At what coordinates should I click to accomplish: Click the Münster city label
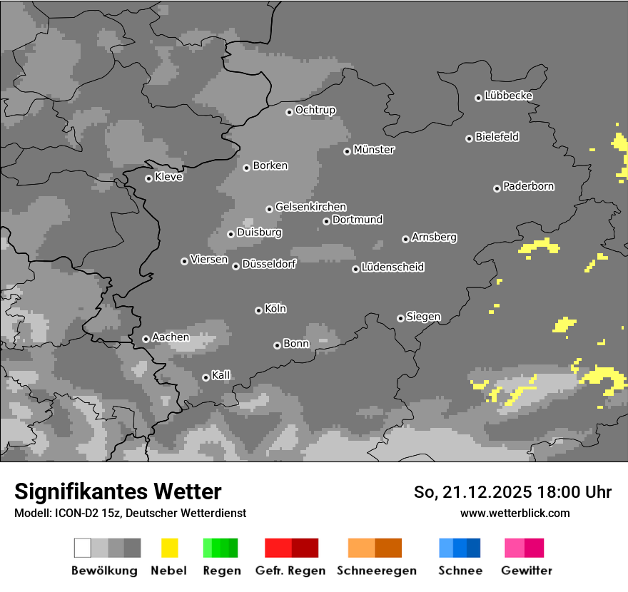374,150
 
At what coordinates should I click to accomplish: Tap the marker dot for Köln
258,310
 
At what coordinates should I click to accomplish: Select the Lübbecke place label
508,96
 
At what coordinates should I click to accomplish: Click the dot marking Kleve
148,178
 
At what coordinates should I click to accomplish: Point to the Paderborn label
528,186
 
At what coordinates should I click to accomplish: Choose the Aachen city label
171,337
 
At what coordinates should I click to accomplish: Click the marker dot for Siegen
400,318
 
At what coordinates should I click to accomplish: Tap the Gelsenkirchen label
310,207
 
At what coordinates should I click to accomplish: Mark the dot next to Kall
206,377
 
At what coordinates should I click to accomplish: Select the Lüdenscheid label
392,267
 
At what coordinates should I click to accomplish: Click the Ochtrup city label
315,110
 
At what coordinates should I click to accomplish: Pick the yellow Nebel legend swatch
169,548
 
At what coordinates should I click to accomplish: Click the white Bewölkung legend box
82,548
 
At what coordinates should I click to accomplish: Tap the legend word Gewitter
526,571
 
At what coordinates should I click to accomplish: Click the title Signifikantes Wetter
118,491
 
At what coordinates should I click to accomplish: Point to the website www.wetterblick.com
515,513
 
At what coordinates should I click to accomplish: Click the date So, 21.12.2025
471,492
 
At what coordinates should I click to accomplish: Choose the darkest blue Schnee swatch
474,548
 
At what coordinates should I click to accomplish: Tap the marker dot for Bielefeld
469,138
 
